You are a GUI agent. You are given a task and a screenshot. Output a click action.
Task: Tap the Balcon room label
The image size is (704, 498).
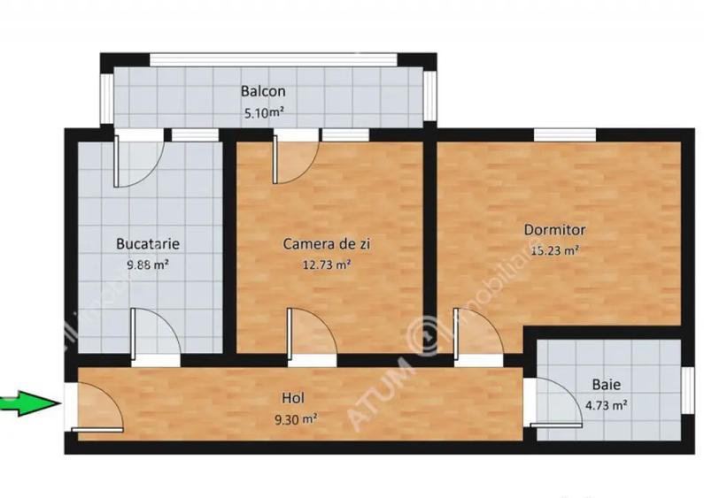pyautogui.click(x=263, y=92)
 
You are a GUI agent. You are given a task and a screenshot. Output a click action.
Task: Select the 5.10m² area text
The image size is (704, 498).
pyautogui.click(x=263, y=112)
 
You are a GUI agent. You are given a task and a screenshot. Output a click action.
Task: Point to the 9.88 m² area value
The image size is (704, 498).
pyautogui.click(x=148, y=264)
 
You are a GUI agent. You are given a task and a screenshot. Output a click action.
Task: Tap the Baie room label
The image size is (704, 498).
pyautogui.click(x=607, y=386)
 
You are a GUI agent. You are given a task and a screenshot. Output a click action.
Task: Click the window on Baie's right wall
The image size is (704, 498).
pyautogui.click(x=687, y=388)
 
